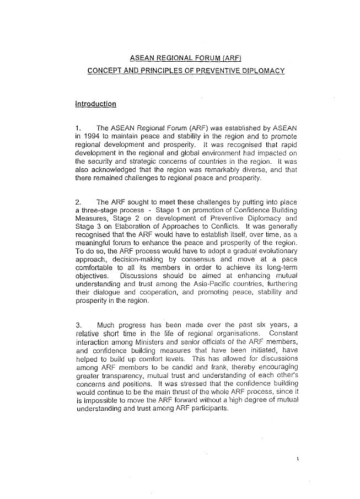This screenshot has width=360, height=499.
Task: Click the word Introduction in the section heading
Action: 95,103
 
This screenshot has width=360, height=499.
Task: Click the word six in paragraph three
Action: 243,325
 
